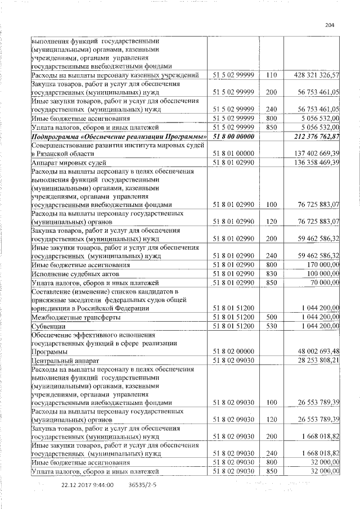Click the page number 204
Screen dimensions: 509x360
click(330, 24)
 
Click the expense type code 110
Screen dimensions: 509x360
click(272, 75)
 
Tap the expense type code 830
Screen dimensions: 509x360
click(272, 273)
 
